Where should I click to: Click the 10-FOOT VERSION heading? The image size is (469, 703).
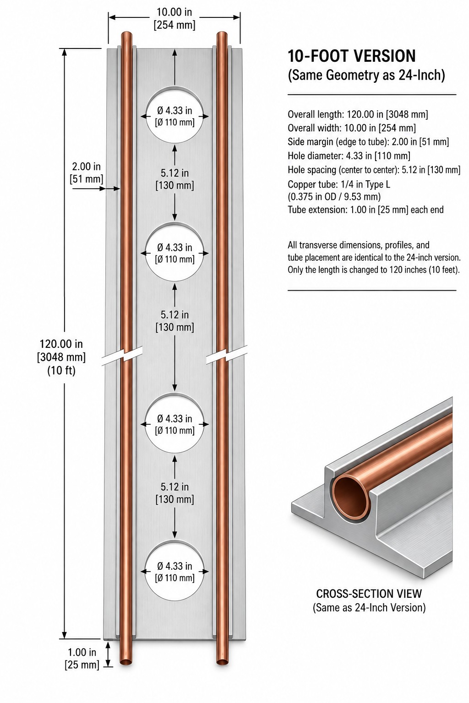pos(351,56)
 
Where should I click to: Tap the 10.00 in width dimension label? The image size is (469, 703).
pos(175,18)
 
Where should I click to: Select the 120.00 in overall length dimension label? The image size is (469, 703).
pos(61,357)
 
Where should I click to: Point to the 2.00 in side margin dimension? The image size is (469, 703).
pos(87,173)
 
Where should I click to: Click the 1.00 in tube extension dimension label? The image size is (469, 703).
pos(82,659)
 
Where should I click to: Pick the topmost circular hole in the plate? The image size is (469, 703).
pos(175,116)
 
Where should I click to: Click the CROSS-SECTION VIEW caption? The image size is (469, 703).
pos(369,594)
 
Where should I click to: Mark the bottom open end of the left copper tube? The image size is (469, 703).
pos(126,662)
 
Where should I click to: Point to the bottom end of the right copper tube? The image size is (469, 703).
pos(222,662)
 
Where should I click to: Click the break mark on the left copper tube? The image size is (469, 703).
pos(122,356)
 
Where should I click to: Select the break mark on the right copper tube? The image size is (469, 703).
pos(226,355)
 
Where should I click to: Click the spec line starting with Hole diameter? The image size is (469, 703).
pos(349,156)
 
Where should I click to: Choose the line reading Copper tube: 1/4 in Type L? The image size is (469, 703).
pos(339,184)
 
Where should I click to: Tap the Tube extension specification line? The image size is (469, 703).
pos(365,210)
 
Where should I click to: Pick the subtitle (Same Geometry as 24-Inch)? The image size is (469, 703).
pos(366,76)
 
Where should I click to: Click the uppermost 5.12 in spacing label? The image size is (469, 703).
pos(175,179)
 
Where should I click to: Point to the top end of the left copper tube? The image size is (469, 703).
pos(126,34)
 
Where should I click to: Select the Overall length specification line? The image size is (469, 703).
pos(358,114)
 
